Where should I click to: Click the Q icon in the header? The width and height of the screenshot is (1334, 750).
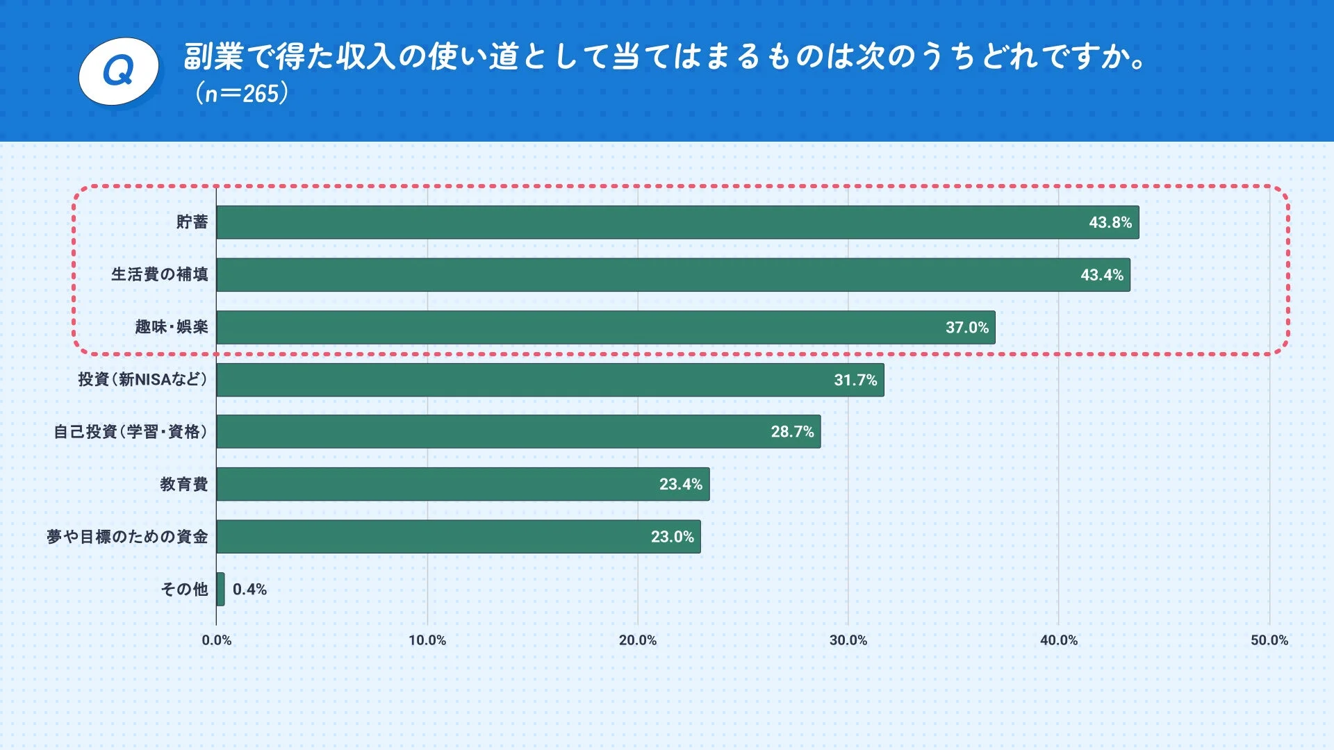coord(119,71)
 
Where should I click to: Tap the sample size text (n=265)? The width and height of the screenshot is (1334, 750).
coord(241,93)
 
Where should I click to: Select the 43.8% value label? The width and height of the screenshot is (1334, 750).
coord(1110,222)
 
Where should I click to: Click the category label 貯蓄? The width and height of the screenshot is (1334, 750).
coord(192,222)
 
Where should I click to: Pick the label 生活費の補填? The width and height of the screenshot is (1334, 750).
coord(160,275)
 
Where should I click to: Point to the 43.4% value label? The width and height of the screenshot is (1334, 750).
coord(1101,275)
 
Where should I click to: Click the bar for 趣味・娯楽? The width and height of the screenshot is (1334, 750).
coord(604,327)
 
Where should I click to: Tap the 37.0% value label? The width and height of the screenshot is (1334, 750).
coord(966,327)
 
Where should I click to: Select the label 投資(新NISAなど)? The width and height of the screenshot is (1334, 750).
coord(142,380)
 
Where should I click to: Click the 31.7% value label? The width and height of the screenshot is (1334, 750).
coord(855,380)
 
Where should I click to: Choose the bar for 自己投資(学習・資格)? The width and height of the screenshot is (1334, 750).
coord(518,432)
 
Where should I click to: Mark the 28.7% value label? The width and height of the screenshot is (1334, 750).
coord(792,432)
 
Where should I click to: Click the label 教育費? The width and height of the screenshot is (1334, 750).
coord(183,484)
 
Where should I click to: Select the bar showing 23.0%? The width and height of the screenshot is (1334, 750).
coord(459,537)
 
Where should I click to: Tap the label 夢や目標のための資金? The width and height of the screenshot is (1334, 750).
coord(127,537)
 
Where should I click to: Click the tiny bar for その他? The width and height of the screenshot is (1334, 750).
coord(220,589)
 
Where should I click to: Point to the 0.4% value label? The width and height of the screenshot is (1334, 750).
coord(249,589)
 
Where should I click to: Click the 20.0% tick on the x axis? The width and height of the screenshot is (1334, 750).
coord(637,640)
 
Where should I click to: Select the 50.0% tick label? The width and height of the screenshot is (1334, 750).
coord(1269,640)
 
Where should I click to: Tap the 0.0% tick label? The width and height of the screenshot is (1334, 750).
coord(216,640)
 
